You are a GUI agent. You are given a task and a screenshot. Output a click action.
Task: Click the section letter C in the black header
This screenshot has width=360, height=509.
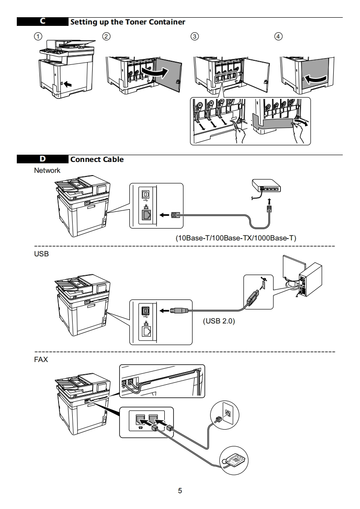(43, 21)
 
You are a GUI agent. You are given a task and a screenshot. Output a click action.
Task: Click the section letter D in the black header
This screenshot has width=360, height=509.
(43, 159)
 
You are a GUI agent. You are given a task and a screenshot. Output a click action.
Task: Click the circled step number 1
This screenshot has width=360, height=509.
(38, 36)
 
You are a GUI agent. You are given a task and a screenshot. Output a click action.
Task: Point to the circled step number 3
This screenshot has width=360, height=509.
(194, 36)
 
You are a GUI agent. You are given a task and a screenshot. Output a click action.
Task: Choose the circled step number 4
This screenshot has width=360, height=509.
(278, 36)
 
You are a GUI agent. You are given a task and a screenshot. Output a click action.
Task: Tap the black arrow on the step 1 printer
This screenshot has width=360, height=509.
(68, 84)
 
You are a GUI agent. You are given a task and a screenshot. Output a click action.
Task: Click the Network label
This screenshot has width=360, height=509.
(47, 171)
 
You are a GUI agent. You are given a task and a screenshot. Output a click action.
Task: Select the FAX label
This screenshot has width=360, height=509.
(41, 360)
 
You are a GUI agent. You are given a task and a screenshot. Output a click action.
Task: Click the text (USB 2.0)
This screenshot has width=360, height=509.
(219, 321)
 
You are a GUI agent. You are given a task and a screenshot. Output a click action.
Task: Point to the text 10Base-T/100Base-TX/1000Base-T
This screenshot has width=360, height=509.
(236, 238)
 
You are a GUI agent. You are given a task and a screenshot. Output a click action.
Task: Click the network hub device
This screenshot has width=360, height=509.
(266, 186)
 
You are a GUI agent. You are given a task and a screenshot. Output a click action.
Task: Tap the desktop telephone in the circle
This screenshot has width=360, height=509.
(234, 460)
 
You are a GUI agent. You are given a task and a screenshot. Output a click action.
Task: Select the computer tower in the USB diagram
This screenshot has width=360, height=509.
(310, 279)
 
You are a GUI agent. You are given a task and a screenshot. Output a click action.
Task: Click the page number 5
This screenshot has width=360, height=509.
(180, 490)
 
